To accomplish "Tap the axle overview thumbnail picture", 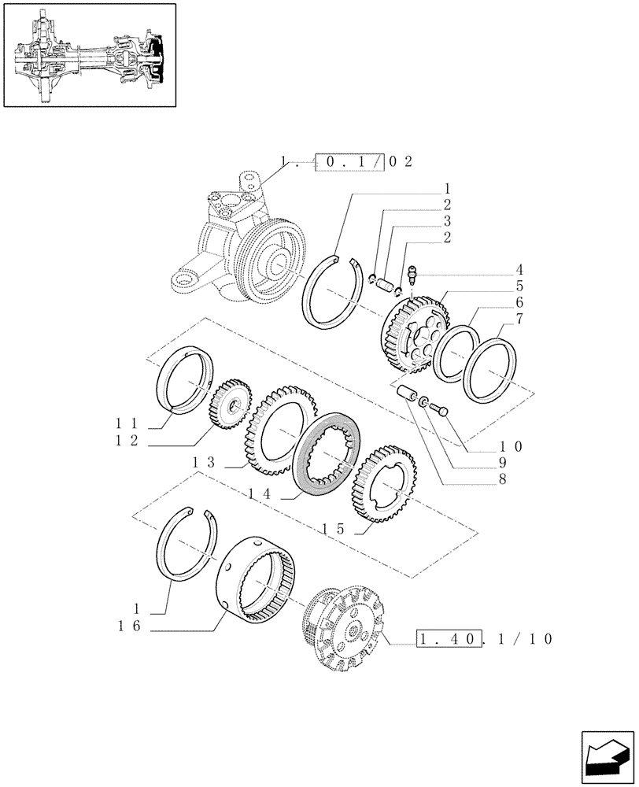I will [x=88, y=54].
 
